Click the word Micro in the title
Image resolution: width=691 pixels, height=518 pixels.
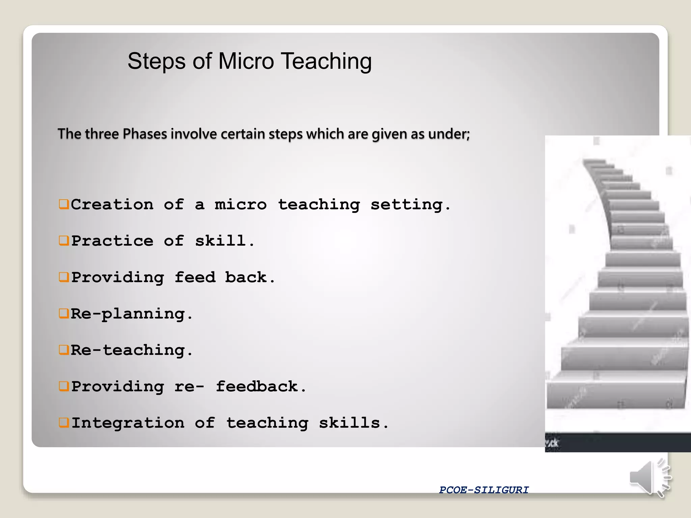coord(246,61)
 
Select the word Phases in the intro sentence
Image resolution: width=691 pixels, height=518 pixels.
coord(145,134)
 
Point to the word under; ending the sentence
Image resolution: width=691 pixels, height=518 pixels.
coord(449,134)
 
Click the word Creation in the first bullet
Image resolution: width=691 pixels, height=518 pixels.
coord(112,205)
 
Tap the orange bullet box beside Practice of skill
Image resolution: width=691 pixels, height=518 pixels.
coord(64,241)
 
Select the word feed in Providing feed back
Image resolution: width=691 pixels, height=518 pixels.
coord(195,278)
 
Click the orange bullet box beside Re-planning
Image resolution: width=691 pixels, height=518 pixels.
coord(64,314)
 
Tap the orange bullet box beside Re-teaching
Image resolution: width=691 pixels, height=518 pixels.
coord(64,350)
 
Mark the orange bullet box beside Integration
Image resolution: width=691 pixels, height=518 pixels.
coord(64,423)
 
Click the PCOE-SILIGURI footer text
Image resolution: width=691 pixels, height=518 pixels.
coord(484,490)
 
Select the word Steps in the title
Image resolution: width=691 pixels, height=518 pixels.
coord(156,61)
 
